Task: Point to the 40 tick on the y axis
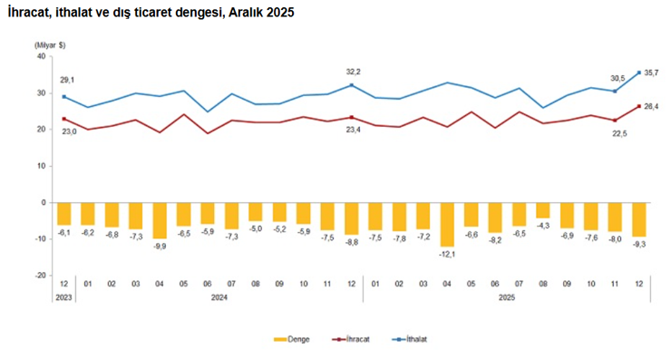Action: (x=41, y=56)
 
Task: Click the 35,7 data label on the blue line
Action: (x=650, y=73)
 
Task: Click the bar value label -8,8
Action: (x=351, y=242)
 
